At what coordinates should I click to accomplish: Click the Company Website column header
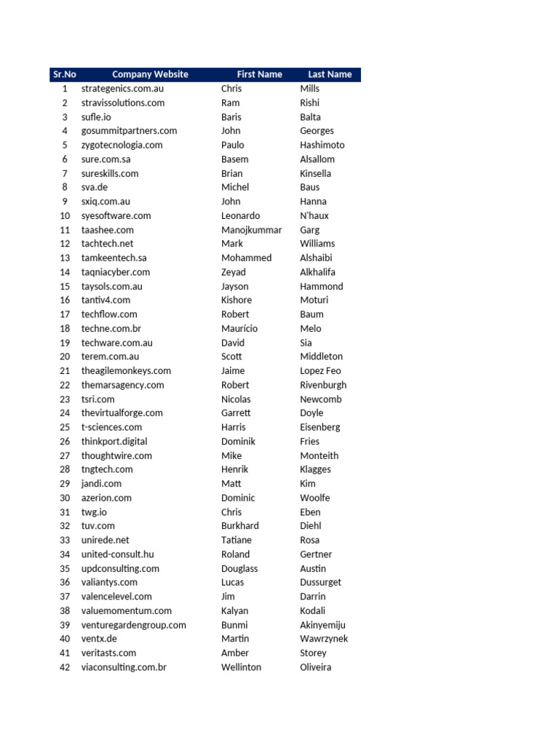point(150,74)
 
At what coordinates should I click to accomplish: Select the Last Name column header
point(329,74)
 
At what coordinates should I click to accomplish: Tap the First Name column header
point(259,74)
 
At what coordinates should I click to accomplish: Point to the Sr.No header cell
point(64,74)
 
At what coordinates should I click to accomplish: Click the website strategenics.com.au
point(122,89)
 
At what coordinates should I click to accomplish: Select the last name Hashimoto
point(322,145)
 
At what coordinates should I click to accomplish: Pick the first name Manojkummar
point(251,230)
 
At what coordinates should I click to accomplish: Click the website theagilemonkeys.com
point(126,371)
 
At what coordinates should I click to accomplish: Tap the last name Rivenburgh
point(323,385)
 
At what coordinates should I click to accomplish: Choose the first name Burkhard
point(239,526)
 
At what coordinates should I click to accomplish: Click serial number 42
point(65,667)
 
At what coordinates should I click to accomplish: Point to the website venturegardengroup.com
point(133,625)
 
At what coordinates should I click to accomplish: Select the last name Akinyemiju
point(322,625)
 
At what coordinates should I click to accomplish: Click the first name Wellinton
point(241,667)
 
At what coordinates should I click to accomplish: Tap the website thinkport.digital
point(114,442)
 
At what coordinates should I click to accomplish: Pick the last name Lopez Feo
point(320,371)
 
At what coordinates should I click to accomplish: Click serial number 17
point(65,314)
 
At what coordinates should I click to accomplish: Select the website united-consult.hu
point(117,554)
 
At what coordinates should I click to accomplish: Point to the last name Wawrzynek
point(324,639)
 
